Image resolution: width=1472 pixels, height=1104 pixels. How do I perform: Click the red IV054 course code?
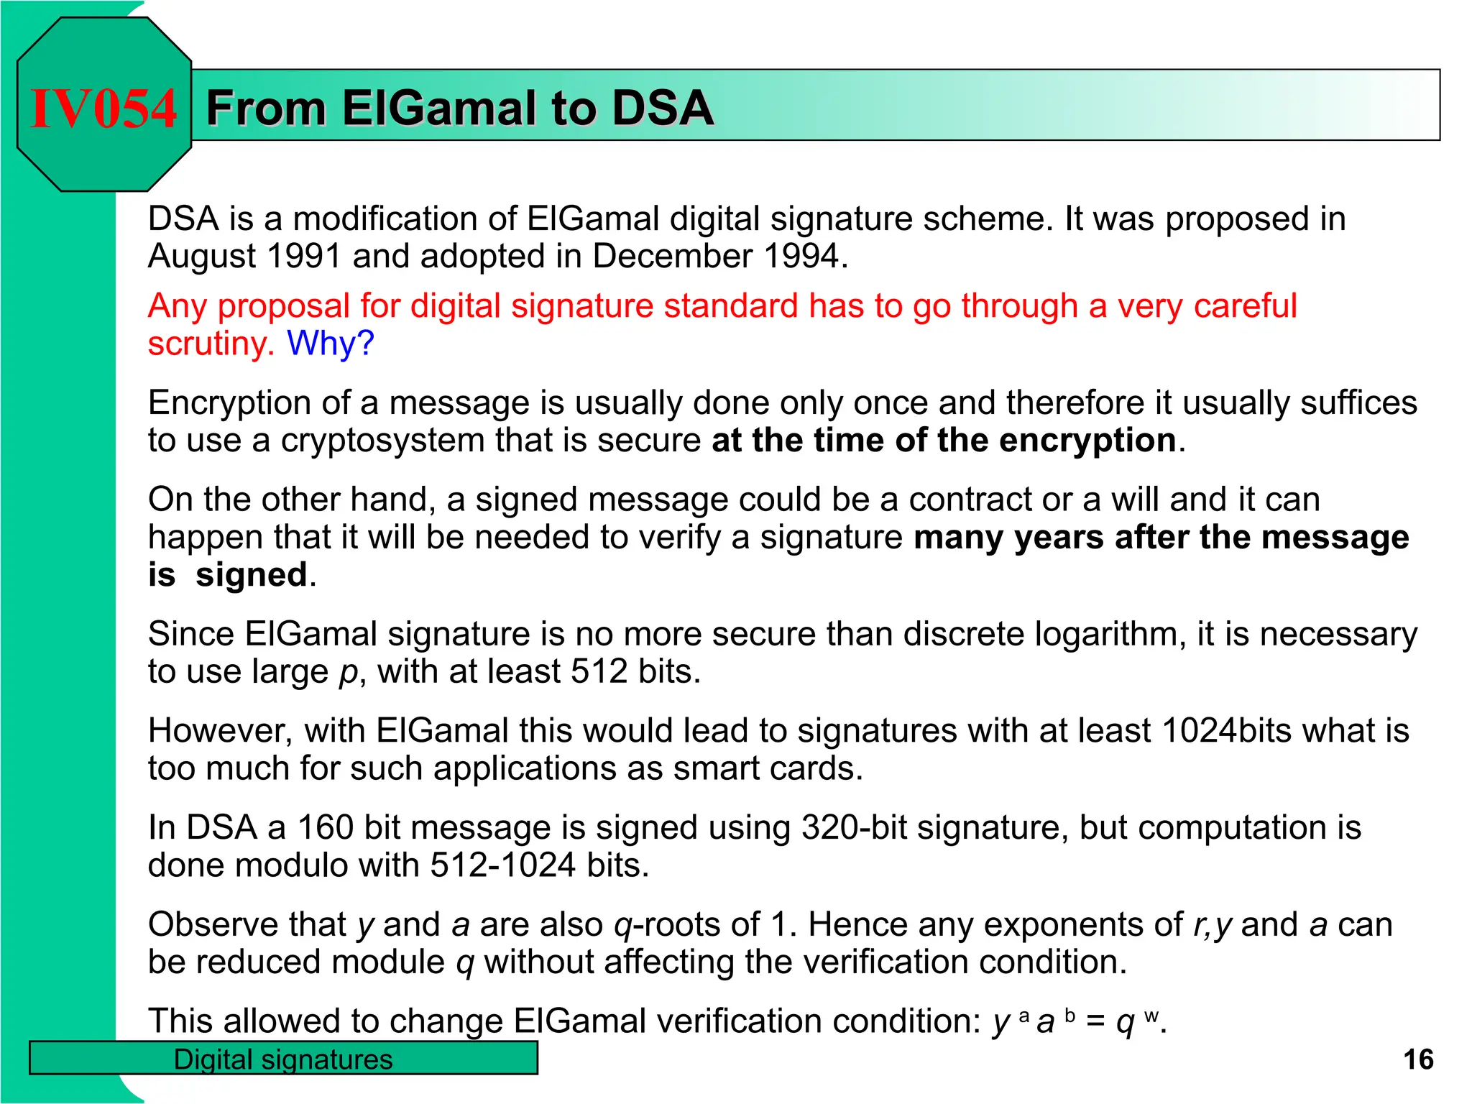pos(103,109)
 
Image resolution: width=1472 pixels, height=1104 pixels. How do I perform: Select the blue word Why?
pos(331,343)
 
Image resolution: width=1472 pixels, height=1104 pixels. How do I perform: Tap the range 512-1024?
pos(502,865)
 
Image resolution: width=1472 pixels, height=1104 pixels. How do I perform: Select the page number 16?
pos(1417,1059)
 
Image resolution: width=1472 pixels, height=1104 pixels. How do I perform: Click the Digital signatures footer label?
pos(283,1059)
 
